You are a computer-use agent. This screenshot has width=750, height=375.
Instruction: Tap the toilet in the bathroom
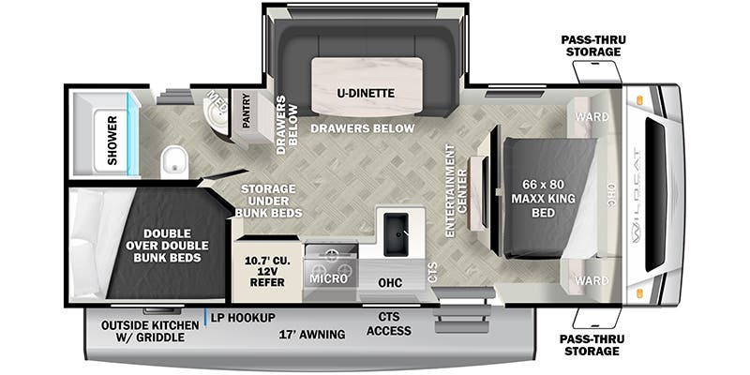(x=174, y=163)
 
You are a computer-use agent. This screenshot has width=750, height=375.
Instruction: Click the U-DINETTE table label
(x=365, y=93)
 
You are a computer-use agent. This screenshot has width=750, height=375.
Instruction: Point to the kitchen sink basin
(x=395, y=228)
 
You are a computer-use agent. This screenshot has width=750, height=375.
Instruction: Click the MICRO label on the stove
(x=327, y=279)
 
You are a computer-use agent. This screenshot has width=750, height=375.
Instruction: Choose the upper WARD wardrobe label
(x=591, y=117)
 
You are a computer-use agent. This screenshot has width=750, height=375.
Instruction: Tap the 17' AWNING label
(x=311, y=334)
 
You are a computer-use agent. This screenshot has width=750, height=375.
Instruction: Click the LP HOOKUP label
(x=243, y=318)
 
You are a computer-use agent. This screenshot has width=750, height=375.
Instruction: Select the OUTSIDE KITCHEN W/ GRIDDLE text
(x=150, y=332)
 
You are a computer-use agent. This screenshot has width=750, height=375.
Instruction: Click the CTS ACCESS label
(x=389, y=323)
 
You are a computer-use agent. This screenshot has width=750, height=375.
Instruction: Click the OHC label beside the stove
(x=390, y=281)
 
